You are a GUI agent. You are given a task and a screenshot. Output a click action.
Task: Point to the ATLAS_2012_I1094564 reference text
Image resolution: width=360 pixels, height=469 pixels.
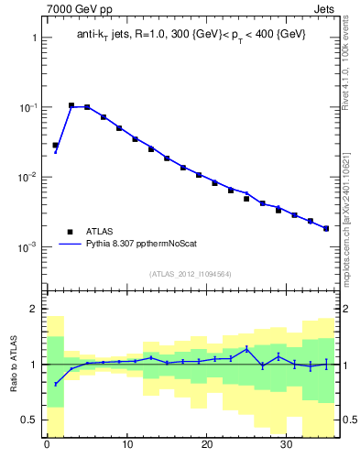click(190, 273)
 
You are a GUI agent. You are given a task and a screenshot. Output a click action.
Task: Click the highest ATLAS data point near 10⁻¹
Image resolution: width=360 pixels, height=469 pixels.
click(71, 105)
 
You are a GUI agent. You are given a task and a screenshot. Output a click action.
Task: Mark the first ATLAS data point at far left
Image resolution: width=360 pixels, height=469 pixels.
click(55, 145)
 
